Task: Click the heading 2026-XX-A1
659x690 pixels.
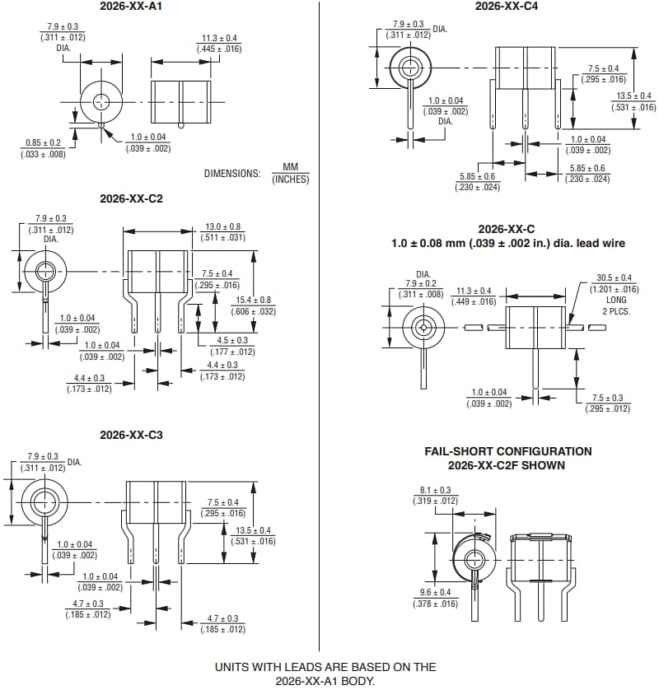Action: click(132, 7)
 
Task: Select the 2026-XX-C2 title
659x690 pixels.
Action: click(132, 198)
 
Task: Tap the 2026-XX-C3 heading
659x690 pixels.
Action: click(132, 434)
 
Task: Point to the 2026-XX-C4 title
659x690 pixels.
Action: click(507, 7)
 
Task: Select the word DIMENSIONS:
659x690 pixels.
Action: click(231, 174)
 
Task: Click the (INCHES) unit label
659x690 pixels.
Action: click(290, 179)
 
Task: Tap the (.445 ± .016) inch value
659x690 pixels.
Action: click(219, 49)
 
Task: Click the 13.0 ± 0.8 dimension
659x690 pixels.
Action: click(222, 226)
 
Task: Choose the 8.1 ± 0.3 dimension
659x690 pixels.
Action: click(435, 490)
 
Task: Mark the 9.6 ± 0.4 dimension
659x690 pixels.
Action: click(435, 593)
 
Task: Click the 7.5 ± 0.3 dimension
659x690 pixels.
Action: click(606, 398)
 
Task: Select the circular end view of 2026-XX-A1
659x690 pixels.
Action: click(100, 102)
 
